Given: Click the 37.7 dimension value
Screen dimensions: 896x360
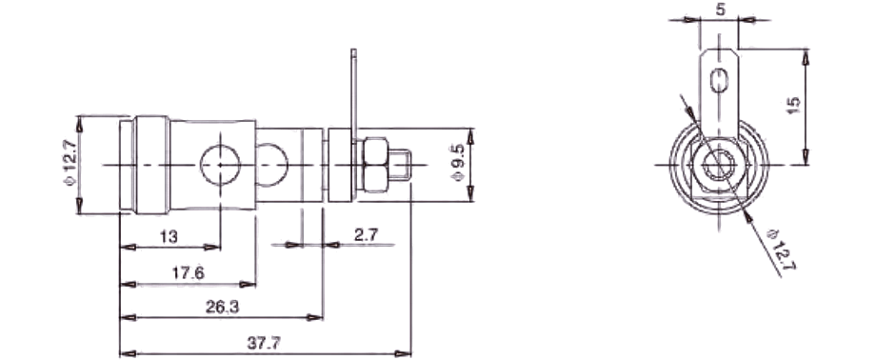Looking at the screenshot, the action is tap(264, 343).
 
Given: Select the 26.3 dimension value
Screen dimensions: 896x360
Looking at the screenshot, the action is tap(222, 307).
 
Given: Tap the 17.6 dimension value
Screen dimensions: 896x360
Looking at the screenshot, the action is tap(188, 273).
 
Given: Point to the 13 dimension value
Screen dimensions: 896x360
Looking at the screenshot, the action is tap(169, 236).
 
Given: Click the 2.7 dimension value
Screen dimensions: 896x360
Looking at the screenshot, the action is tap(367, 235).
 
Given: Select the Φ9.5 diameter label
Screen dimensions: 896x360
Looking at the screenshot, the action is tap(459, 165).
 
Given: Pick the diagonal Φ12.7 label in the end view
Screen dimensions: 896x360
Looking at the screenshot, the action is tap(782, 250).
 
